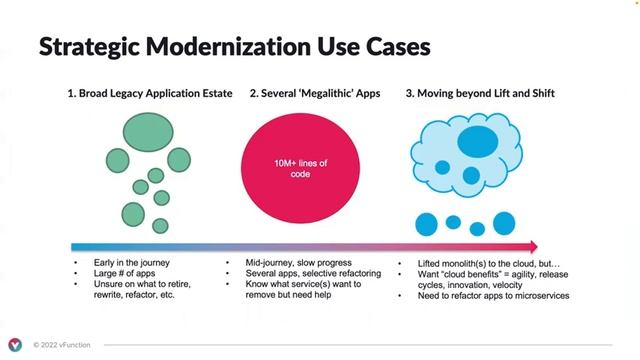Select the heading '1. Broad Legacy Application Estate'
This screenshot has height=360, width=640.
[150, 93]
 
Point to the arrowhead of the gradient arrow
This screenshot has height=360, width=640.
[531, 246]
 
